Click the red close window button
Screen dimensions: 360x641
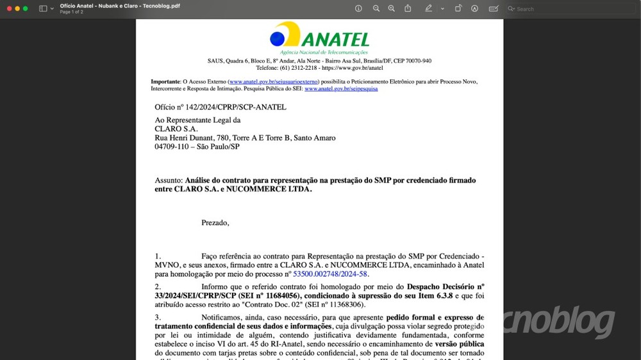tap(10, 8)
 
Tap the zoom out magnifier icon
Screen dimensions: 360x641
tap(376, 8)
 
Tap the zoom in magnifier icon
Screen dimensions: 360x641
tap(392, 8)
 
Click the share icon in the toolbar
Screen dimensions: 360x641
tap(408, 8)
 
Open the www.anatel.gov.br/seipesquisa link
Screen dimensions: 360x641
tap(341, 89)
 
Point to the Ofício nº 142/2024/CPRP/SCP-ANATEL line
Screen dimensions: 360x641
tap(220, 108)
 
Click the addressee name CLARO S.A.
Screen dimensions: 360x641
tap(176, 129)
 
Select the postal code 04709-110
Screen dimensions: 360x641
tap(173, 147)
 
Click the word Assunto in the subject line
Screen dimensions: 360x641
tap(169, 181)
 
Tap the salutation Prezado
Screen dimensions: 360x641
tap(215, 223)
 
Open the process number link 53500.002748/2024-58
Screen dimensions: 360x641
tap(330, 274)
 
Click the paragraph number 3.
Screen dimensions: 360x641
tap(158, 318)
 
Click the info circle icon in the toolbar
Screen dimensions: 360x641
tap(358, 8)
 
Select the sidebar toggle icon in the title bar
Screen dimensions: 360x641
tap(43, 8)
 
